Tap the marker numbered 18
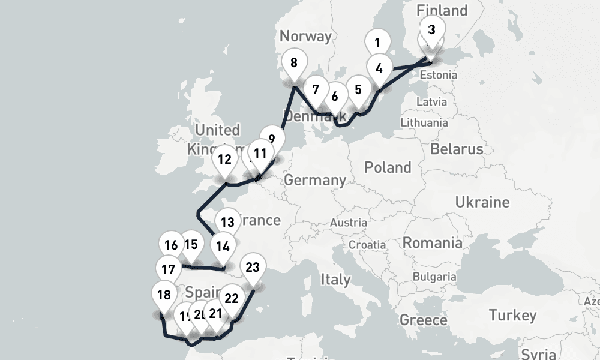click(163, 295)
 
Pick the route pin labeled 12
click(225, 160)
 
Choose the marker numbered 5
click(358, 90)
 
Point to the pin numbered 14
click(223, 246)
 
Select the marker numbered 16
click(171, 245)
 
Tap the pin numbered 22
click(232, 298)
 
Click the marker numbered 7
click(315, 90)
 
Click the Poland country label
click(388, 167)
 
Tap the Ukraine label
click(482, 202)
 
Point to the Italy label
click(335, 279)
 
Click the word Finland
click(442, 10)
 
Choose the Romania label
click(432, 242)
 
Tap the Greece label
click(423, 319)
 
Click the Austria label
click(348, 223)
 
